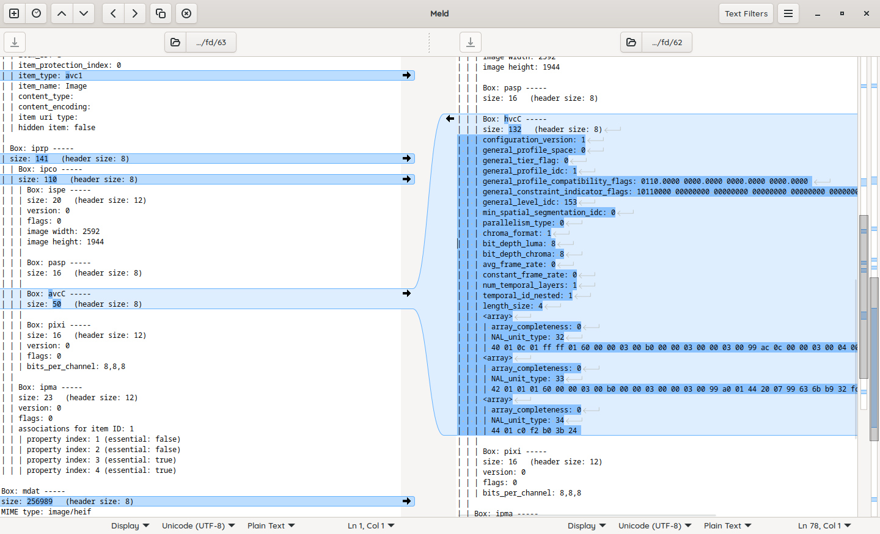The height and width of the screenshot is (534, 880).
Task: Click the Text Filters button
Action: click(x=746, y=13)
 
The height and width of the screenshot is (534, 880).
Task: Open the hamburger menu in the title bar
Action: click(x=788, y=13)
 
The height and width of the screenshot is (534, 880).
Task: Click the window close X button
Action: click(x=866, y=13)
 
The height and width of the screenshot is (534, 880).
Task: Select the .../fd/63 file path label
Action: click(x=211, y=42)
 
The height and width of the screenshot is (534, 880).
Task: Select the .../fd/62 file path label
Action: click(x=667, y=42)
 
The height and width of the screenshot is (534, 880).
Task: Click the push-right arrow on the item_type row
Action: click(x=406, y=75)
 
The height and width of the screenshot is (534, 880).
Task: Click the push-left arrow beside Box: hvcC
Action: click(x=450, y=119)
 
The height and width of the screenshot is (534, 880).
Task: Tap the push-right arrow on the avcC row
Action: click(x=406, y=293)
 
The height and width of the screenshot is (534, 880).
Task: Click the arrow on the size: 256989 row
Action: click(x=406, y=501)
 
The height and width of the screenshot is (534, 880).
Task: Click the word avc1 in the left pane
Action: click(x=74, y=76)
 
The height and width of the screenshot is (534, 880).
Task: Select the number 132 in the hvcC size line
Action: click(x=515, y=130)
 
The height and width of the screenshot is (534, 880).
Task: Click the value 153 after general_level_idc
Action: click(x=570, y=202)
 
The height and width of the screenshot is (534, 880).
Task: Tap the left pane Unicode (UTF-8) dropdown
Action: click(x=198, y=525)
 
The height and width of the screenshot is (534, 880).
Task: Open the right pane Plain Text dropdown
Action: click(x=727, y=525)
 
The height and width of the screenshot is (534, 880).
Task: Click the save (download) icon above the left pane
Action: click(x=15, y=42)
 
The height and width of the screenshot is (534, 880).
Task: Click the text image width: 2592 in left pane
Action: click(x=63, y=232)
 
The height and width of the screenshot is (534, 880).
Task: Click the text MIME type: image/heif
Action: click(x=46, y=512)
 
